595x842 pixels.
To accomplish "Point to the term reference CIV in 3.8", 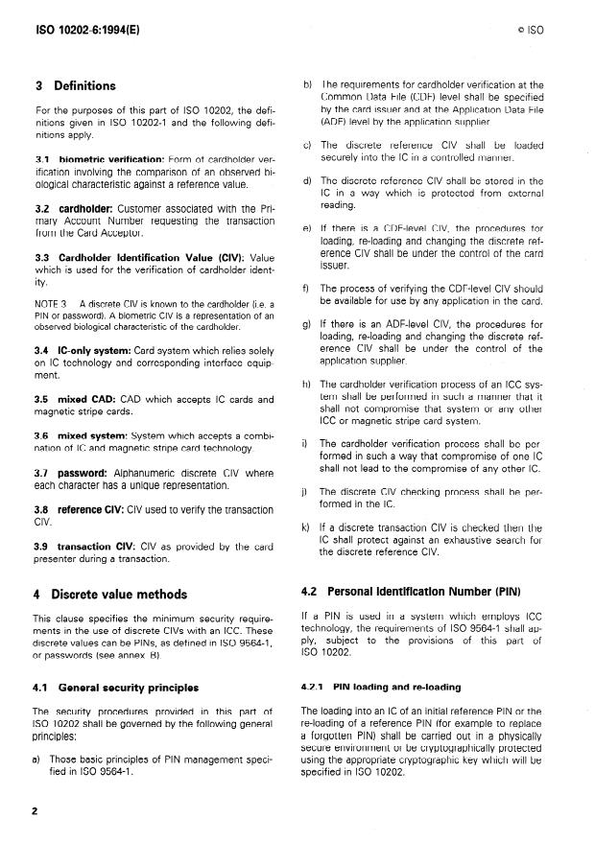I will [95, 509].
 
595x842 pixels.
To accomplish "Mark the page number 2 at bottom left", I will [36, 810].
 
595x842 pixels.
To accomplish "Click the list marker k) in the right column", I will [307, 527].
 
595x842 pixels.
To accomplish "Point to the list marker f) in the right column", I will [306, 288].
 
